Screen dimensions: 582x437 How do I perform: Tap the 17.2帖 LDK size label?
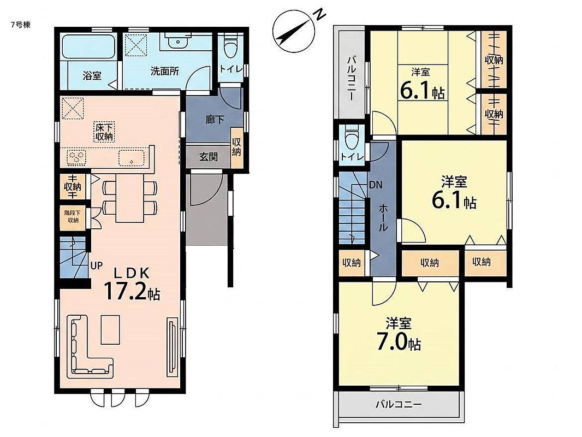point(132,291)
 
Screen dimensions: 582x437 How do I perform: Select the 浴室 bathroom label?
point(92,76)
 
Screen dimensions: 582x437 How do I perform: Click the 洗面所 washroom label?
point(164,72)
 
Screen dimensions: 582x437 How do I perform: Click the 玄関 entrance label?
point(208,157)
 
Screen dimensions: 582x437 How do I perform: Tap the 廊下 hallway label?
point(215,120)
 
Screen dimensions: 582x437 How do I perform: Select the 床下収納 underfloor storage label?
point(104,132)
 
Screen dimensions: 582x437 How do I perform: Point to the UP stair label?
point(97,266)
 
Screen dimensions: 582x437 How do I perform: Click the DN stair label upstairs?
point(376,185)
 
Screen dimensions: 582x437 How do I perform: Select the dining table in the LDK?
point(130,198)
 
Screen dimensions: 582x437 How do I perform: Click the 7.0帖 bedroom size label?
point(399,341)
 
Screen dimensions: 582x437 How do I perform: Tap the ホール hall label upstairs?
point(383,218)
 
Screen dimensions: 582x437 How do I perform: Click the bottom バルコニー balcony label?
point(399,404)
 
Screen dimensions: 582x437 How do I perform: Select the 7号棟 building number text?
point(21,25)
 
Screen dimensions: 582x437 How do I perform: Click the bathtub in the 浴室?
point(88,47)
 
